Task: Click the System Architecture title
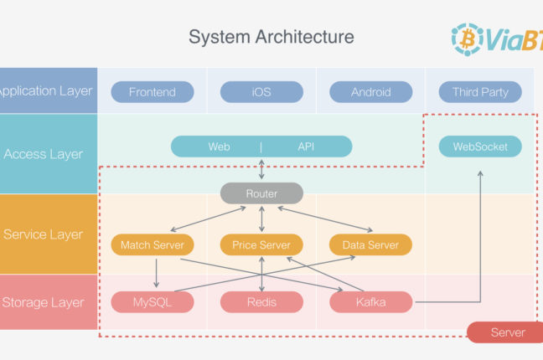271,37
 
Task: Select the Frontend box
153,92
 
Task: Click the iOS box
261,92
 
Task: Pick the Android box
370,92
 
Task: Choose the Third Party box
480,92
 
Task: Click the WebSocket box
480,147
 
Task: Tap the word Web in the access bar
220,147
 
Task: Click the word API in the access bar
306,147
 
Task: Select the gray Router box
261,193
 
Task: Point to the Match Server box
153,245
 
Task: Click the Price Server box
261,245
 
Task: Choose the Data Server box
370,245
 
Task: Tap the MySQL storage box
153,302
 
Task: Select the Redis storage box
261,302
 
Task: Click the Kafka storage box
370,302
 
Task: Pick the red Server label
507,332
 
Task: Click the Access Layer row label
44,154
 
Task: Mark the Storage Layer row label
44,302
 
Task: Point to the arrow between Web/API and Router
261,170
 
